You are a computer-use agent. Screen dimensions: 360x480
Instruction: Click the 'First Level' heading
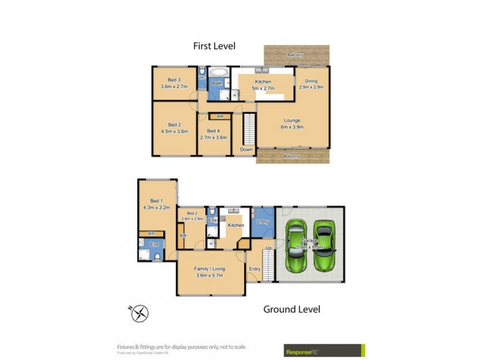tap(214, 46)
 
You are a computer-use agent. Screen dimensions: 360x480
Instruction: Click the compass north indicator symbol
tap(139, 313)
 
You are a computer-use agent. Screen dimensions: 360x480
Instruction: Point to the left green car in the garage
tap(296, 247)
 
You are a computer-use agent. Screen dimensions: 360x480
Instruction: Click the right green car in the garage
tap(324, 247)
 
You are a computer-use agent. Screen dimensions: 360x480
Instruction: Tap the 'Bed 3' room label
tap(174, 80)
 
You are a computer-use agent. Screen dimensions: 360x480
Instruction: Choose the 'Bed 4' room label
tap(214, 131)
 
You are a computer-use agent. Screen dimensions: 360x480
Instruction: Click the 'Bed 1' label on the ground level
tap(157, 201)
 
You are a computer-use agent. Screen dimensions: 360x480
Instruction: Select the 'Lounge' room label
tap(292, 121)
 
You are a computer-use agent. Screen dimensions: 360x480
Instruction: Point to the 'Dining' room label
tap(311, 81)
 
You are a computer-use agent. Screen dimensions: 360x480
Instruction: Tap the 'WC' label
tap(202, 77)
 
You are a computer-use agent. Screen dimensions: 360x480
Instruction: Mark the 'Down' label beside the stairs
tap(246, 149)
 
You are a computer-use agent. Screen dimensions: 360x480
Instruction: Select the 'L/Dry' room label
tap(262, 222)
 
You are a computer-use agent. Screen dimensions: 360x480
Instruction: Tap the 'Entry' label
tap(254, 269)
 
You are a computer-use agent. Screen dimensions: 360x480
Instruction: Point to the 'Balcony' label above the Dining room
tap(295, 55)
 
